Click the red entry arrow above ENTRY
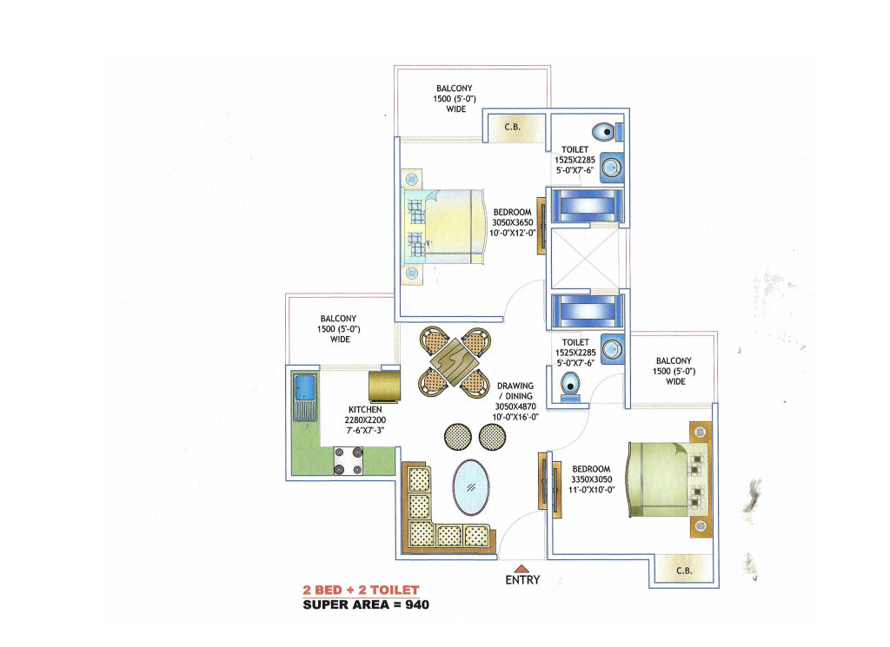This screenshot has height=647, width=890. pyautogui.click(x=521, y=569)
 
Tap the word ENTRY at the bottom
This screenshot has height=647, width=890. pyautogui.click(x=522, y=580)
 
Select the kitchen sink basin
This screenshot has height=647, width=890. pyautogui.click(x=305, y=387)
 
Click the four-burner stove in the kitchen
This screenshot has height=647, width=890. pyautogui.click(x=349, y=461)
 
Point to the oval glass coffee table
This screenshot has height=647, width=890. pyautogui.click(x=471, y=486)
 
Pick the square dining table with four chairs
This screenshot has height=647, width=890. pyautogui.click(x=455, y=362)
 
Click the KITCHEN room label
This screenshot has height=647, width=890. pyautogui.click(x=365, y=409)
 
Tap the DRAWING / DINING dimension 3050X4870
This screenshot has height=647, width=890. pyautogui.click(x=515, y=406)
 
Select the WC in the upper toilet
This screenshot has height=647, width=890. pyautogui.click(x=607, y=132)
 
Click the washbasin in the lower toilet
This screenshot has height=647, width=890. pyautogui.click(x=612, y=349)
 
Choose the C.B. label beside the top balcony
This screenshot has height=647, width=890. pyautogui.click(x=513, y=127)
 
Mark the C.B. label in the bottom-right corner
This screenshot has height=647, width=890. pyautogui.click(x=684, y=571)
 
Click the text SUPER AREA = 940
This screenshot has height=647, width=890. pyautogui.click(x=366, y=604)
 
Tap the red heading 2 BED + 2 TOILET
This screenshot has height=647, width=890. pyautogui.click(x=361, y=591)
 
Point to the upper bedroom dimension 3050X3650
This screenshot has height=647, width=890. pyautogui.click(x=513, y=222)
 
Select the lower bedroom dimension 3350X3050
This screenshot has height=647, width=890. pyautogui.click(x=591, y=479)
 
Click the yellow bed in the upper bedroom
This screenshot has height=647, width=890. pyautogui.click(x=443, y=227)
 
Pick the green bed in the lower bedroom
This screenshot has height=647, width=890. pyautogui.click(x=667, y=479)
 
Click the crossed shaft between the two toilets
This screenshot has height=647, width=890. pyautogui.click(x=585, y=258)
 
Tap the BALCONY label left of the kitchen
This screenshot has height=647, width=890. pyautogui.click(x=338, y=319)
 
